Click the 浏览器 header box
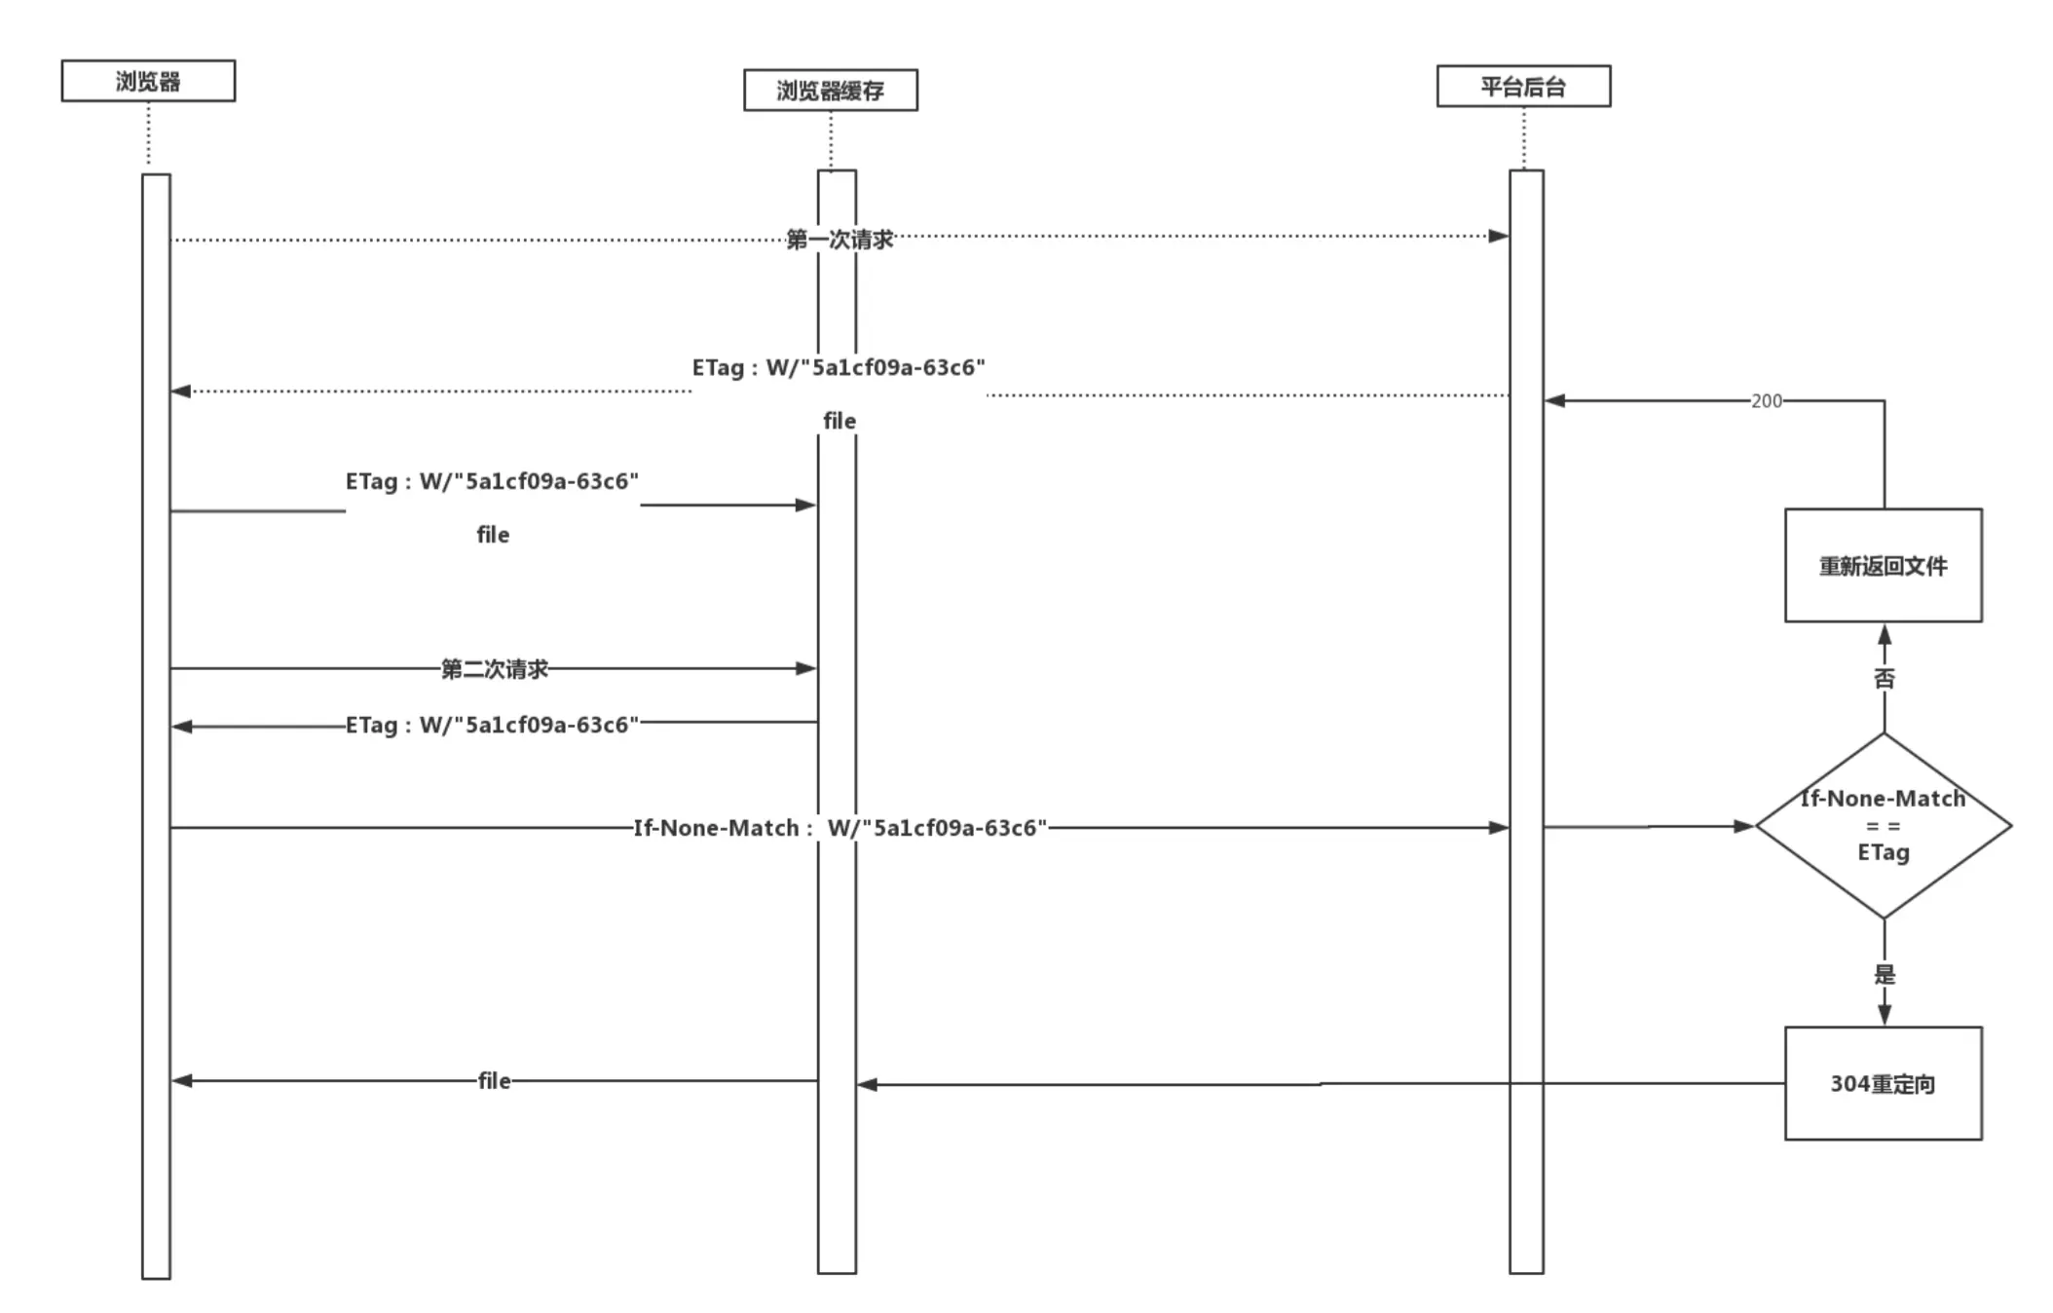pyautogui.click(x=148, y=81)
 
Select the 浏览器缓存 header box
pyautogui.click(x=830, y=90)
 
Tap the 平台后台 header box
pyautogui.click(x=1523, y=86)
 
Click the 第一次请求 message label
pyautogui.click(x=840, y=239)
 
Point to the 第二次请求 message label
pyautogui.click(x=495, y=668)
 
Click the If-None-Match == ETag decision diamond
pyautogui.click(x=1883, y=826)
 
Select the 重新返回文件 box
pyautogui.click(x=1883, y=565)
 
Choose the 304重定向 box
pyautogui.click(x=1883, y=1083)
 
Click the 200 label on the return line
pyautogui.click(x=1766, y=400)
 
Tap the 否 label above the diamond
pyautogui.click(x=1885, y=678)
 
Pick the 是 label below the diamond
pyautogui.click(x=1885, y=974)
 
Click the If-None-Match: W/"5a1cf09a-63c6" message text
pyautogui.click(x=840, y=828)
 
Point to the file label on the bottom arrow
pyautogui.click(x=494, y=1080)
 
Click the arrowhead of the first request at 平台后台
pyautogui.click(x=1499, y=236)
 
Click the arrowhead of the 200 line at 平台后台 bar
pyautogui.click(x=1555, y=400)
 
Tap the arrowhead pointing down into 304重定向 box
pyautogui.click(x=1885, y=1015)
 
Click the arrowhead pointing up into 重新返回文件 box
pyautogui.click(x=1885, y=635)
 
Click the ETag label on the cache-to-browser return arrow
pyautogui.click(x=492, y=725)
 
